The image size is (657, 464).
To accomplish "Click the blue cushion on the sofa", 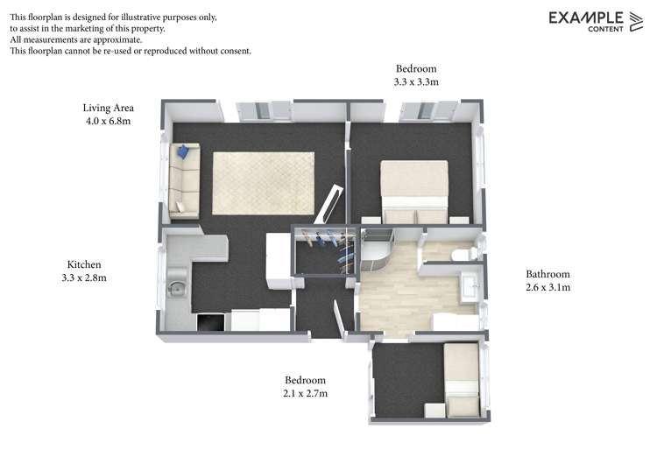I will tap(183, 151).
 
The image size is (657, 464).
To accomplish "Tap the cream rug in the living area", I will tap(263, 182).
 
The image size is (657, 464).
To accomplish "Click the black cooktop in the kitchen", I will tap(211, 322).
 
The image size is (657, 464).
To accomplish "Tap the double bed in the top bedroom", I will tap(414, 191).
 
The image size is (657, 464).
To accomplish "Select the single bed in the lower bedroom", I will tap(461, 378).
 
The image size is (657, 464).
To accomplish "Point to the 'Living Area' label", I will tap(108, 108).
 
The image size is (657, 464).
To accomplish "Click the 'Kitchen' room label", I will tap(85, 264).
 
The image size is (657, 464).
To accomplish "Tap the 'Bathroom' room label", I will tap(547, 273).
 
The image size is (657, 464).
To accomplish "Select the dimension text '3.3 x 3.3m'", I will tap(416, 82).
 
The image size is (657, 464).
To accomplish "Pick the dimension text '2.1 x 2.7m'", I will tap(305, 394).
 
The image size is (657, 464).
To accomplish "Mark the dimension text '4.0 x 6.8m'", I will tap(108, 122).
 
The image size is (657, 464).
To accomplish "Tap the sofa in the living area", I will tap(184, 180).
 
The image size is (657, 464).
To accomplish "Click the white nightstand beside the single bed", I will tap(434, 410).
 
